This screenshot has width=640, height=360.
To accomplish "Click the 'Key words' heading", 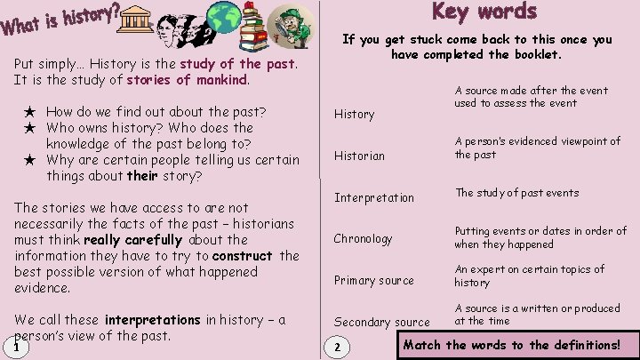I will (484, 12).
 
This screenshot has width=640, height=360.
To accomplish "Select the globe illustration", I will (224, 21).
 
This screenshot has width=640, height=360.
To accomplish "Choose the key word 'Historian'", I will (359, 156).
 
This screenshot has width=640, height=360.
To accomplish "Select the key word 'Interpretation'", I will (373, 197).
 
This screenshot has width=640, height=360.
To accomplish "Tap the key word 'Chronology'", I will (363, 238).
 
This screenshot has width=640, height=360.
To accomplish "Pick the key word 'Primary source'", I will (373, 280).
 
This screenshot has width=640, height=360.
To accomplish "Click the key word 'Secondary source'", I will (381, 322).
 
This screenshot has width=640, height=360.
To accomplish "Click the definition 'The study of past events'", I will (516, 193).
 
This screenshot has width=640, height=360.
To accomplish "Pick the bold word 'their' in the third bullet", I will (141, 176).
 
